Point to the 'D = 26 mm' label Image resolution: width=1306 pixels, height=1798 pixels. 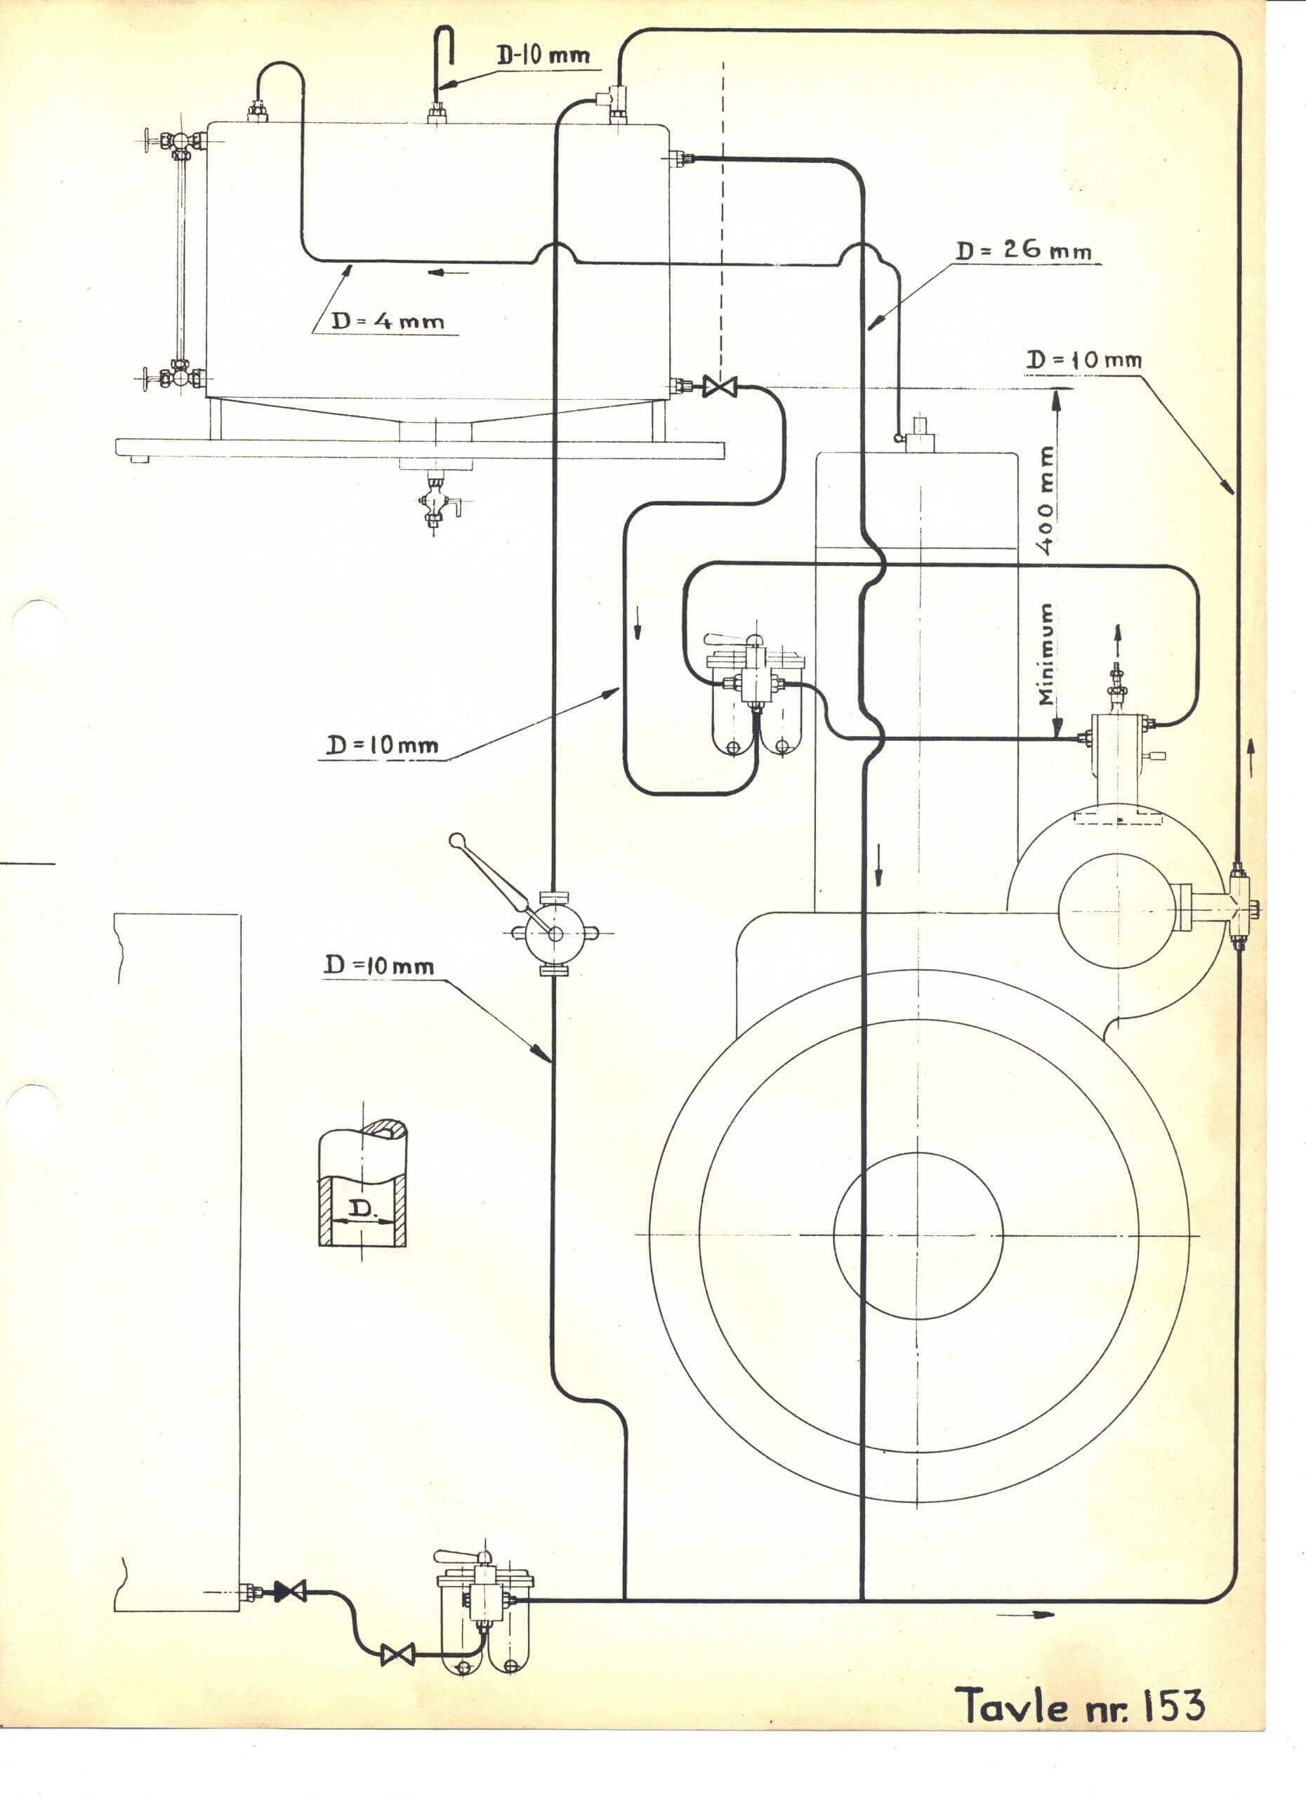click(x=1023, y=250)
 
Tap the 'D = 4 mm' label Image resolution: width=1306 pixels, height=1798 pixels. click(x=388, y=321)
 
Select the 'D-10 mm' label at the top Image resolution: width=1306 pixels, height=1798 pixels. click(x=543, y=55)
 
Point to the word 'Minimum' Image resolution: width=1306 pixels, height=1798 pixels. click(x=1046, y=654)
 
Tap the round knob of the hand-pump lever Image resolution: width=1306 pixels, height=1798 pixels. click(x=456, y=840)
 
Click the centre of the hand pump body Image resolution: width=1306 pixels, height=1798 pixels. click(x=555, y=933)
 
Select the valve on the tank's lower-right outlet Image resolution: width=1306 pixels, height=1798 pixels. click(x=720, y=387)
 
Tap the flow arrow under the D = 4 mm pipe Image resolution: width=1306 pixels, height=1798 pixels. click(x=448, y=273)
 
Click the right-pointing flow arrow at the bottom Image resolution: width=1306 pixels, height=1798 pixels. click(x=1025, y=1615)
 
